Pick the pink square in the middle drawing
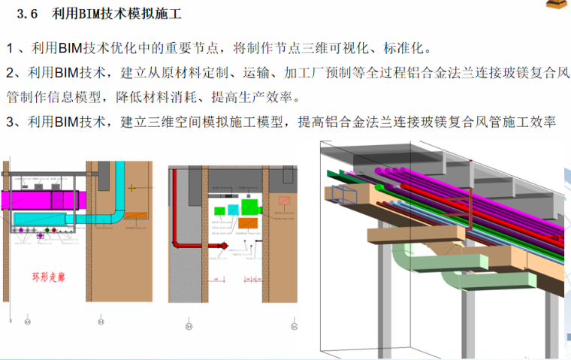click(284, 201)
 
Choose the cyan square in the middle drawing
click(233, 209)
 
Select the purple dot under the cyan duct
click(41, 236)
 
